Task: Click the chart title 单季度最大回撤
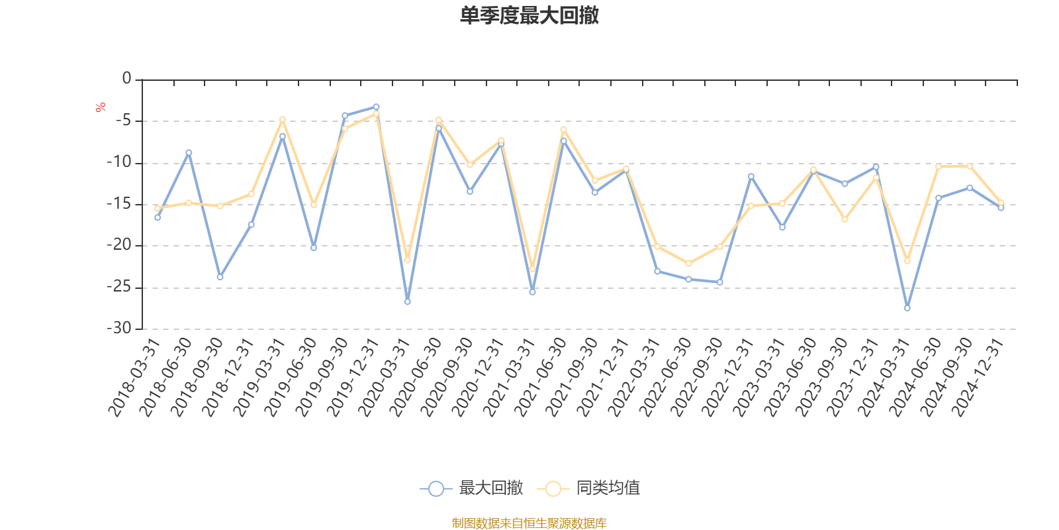click(x=529, y=16)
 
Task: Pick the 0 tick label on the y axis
click(x=126, y=79)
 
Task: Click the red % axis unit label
click(x=101, y=107)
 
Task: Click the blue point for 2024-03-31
click(x=907, y=308)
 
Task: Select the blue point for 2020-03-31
click(x=407, y=302)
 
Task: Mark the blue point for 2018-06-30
click(x=189, y=152)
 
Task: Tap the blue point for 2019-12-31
click(x=376, y=107)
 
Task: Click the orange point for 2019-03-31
click(x=282, y=119)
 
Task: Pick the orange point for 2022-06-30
click(x=688, y=264)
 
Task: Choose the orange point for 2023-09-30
click(x=845, y=219)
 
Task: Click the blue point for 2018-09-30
click(x=220, y=277)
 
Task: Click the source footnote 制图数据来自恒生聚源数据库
click(x=529, y=523)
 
